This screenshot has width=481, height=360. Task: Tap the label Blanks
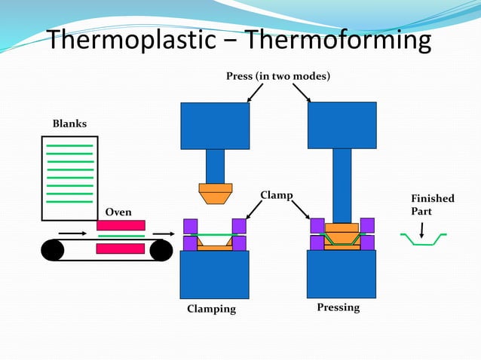click(69, 124)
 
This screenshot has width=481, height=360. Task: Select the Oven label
click(118, 212)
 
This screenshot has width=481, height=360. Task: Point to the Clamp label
click(276, 196)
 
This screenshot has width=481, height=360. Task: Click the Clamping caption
click(211, 309)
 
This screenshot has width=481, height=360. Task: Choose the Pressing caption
click(338, 307)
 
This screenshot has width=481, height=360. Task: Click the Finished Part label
click(432, 205)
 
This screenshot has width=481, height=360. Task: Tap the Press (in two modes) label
click(278, 77)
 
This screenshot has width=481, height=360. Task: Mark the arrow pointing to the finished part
click(421, 227)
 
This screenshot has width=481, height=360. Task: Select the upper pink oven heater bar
click(121, 225)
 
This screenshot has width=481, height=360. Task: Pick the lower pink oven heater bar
click(121, 249)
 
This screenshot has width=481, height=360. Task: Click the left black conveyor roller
click(52, 250)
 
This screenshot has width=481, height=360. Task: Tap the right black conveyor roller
click(161, 250)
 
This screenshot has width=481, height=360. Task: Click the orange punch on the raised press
click(215, 194)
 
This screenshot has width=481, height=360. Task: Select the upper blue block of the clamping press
click(215, 126)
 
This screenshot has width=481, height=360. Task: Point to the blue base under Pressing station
click(342, 274)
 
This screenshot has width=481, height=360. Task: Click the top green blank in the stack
click(69, 145)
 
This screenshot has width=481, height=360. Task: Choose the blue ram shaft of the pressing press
click(342, 185)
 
